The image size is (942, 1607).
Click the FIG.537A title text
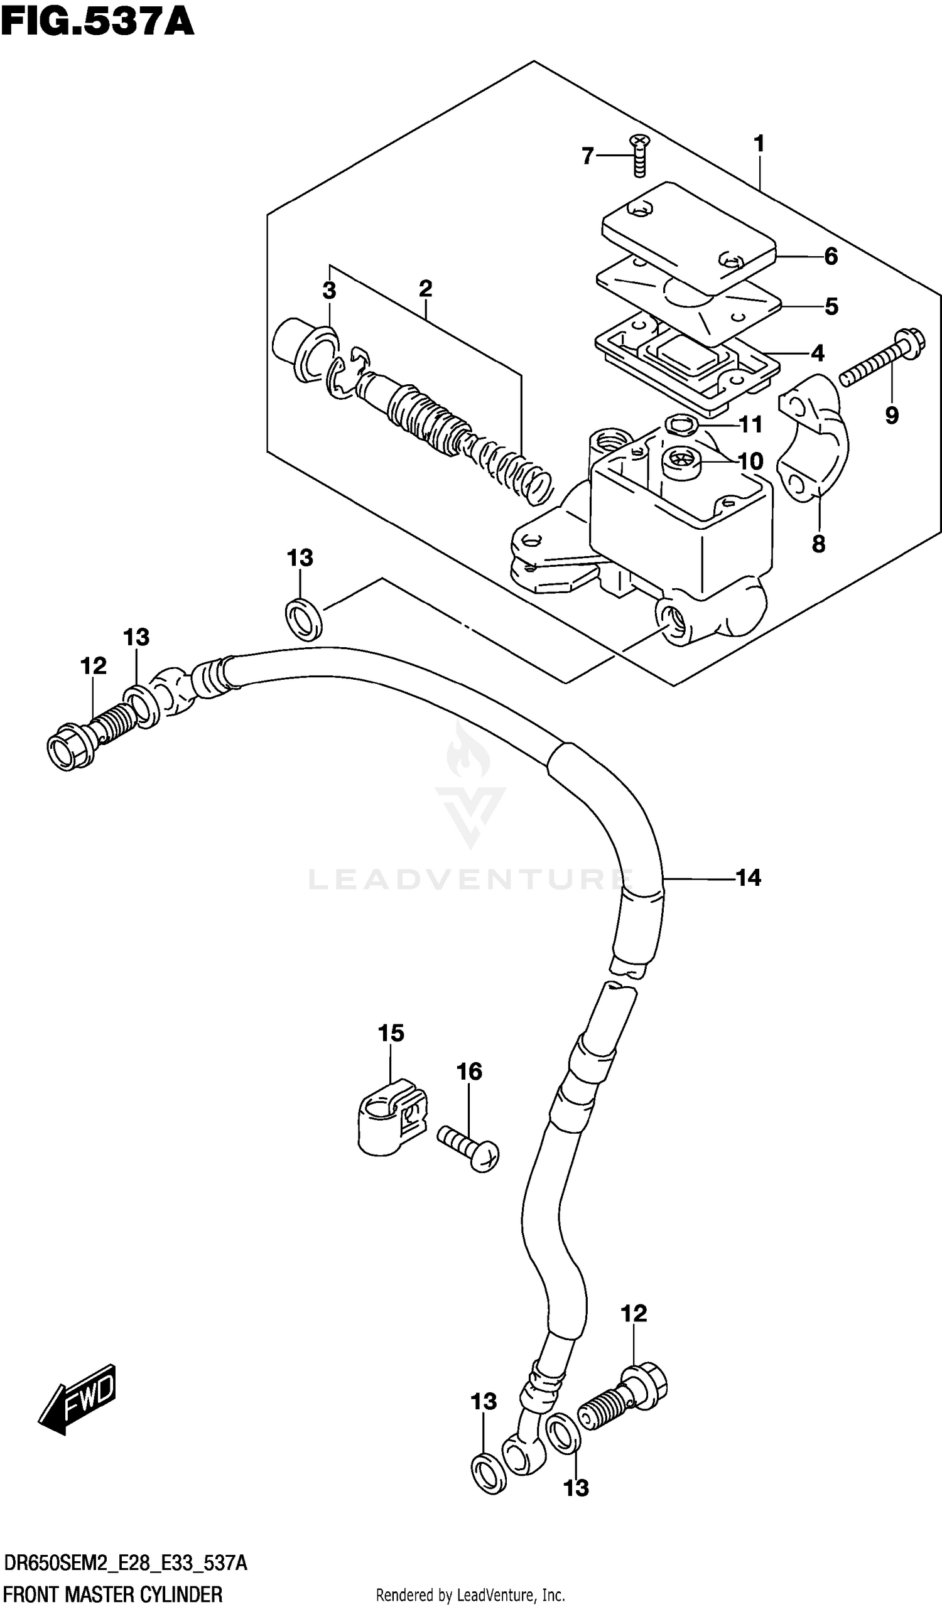(97, 24)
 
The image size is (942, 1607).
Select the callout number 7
(587, 156)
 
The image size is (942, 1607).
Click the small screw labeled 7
(639, 155)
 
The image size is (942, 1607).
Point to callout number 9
(892, 416)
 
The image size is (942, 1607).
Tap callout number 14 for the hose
(748, 878)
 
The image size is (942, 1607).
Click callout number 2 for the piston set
(425, 289)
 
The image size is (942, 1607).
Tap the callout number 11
(750, 424)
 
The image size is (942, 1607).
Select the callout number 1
(759, 144)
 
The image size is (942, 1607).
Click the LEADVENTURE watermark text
(468, 880)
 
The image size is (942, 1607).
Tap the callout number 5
(830, 306)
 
